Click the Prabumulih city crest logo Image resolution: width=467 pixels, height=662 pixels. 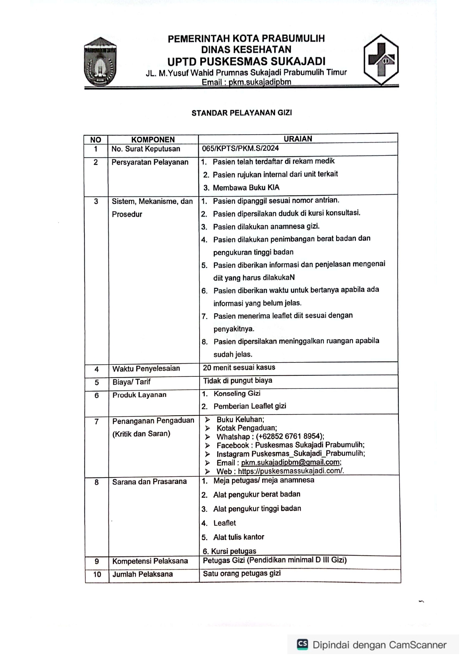point(100,62)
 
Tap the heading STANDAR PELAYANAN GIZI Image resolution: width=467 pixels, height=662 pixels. point(241,113)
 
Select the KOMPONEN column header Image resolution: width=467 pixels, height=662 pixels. point(153,140)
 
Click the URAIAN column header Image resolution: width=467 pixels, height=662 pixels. point(298,139)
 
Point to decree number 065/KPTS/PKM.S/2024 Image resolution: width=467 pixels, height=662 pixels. point(240,148)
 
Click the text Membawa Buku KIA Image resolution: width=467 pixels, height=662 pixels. point(246,187)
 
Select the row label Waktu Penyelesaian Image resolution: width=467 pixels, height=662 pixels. point(146,369)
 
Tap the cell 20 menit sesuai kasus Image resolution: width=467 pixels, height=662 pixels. point(239,367)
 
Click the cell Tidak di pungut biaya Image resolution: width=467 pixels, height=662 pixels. point(238,381)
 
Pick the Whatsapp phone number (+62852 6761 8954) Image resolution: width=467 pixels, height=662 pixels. point(290,436)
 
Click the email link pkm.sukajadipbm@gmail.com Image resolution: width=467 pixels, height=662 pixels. point(291,462)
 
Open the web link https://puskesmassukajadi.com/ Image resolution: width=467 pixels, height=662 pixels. point(291,471)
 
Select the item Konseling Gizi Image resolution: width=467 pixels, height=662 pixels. point(237,393)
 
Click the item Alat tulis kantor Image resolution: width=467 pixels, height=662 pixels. point(238,537)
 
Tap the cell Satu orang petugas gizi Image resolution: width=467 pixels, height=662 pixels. point(241,573)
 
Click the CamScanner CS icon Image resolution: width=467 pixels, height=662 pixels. point(302,644)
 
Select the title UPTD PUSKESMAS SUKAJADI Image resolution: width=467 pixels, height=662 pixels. point(246,61)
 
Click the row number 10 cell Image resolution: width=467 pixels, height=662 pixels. point(97,574)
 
